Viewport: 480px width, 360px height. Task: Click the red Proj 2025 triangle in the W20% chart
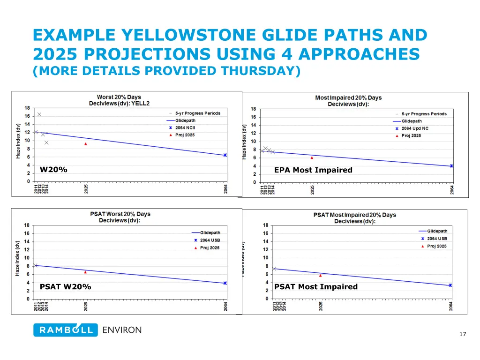(x=86, y=144)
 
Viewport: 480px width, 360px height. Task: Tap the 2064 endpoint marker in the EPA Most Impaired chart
(x=451, y=166)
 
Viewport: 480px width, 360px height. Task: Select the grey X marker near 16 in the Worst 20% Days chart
(x=39, y=114)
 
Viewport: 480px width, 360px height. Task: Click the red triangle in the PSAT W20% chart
(x=85, y=272)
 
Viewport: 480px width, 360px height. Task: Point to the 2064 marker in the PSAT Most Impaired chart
(x=450, y=285)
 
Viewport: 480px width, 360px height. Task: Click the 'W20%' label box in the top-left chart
(x=53, y=170)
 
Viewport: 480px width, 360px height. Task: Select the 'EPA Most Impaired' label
(x=313, y=170)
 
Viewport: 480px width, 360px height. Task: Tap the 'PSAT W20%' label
(x=65, y=287)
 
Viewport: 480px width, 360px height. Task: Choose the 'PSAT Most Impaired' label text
(x=315, y=287)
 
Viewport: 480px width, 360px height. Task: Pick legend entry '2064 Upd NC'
(x=415, y=128)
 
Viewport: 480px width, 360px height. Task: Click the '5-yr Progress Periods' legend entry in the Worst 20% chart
(x=197, y=113)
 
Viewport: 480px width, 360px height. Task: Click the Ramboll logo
(x=66, y=330)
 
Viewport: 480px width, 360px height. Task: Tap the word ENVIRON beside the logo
(x=122, y=330)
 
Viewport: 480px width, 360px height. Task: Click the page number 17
(x=463, y=334)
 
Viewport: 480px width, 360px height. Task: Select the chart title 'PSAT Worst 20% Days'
(x=120, y=214)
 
